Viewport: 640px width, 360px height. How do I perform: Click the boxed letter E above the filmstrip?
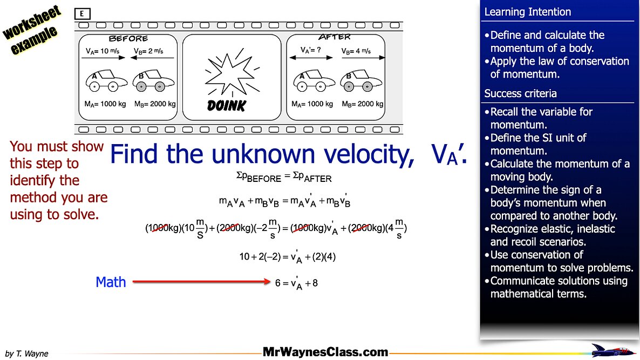[82, 14]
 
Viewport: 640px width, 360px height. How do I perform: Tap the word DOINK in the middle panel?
[227, 106]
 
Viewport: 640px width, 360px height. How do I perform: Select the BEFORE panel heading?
[128, 39]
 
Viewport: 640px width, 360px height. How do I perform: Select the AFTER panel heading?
[334, 37]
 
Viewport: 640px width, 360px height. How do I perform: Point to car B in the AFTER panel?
[361, 80]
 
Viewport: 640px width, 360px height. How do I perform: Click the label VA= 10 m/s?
[103, 51]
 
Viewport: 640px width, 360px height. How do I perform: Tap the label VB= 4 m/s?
[356, 51]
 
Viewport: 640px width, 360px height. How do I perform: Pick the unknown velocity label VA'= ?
[311, 50]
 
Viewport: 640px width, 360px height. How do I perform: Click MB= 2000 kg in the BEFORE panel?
[155, 104]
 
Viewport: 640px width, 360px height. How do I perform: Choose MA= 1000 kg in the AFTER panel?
[312, 104]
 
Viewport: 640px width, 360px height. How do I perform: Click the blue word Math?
[111, 282]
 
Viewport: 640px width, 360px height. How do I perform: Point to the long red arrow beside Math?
[202, 281]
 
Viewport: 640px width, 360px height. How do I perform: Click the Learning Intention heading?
[527, 12]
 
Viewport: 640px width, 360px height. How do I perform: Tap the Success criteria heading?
[520, 93]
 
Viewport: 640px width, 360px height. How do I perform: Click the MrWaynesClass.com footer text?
[325, 352]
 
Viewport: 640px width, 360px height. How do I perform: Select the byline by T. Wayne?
[26, 354]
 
